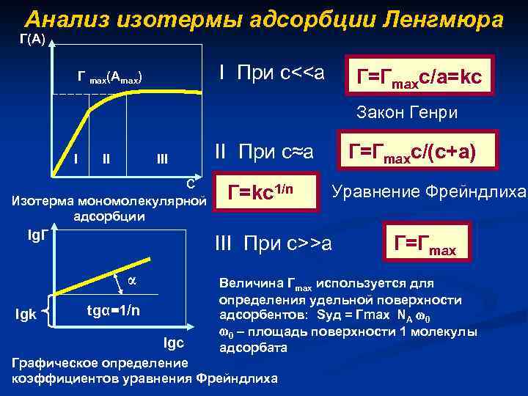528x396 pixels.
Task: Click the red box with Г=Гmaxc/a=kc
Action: click(x=419, y=76)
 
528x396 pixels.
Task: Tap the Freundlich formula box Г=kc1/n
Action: click(x=266, y=192)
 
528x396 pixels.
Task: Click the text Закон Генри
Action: click(x=407, y=113)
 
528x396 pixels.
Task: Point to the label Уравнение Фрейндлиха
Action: click(x=429, y=192)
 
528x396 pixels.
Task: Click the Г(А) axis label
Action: click(x=31, y=40)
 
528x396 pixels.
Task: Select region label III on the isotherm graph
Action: click(x=161, y=158)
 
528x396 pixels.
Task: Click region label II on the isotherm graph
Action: click(x=107, y=158)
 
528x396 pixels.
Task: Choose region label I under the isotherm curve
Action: click(x=77, y=157)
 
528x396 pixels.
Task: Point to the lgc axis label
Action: click(x=176, y=343)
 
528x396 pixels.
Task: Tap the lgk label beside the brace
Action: click(x=26, y=315)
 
